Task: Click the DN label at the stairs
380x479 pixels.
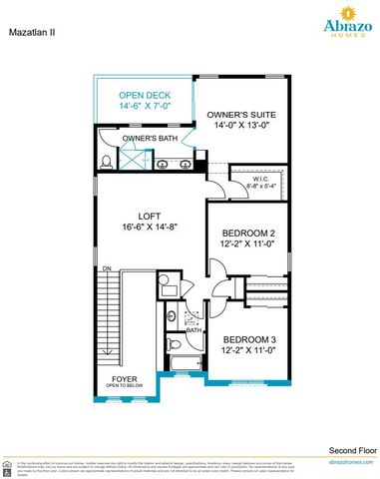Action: [x=105, y=270]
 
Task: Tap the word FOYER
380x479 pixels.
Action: [x=125, y=379]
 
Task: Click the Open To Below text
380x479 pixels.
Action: [x=125, y=387]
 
